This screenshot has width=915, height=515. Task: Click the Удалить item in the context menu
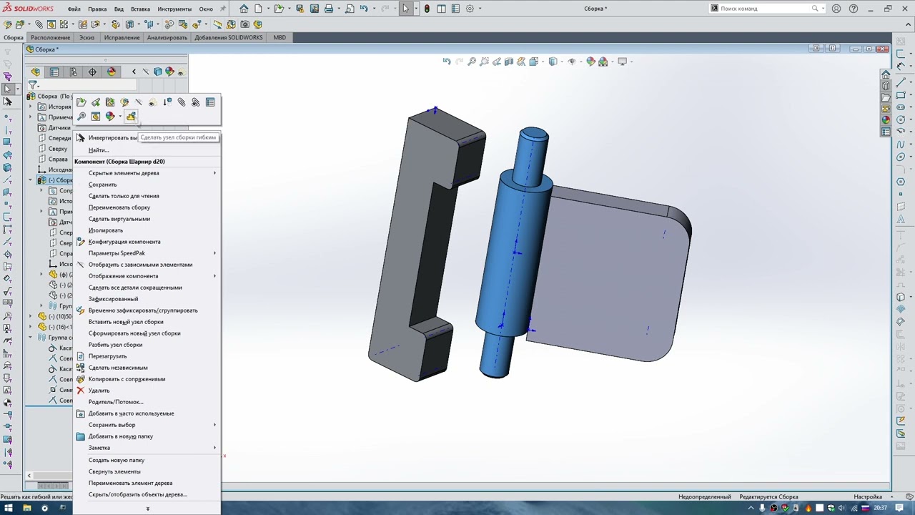(x=99, y=391)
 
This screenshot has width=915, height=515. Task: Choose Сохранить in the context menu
(x=102, y=185)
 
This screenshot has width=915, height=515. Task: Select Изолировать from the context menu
(x=105, y=230)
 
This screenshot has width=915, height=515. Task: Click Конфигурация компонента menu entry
(x=124, y=242)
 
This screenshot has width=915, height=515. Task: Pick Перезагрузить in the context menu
(x=107, y=356)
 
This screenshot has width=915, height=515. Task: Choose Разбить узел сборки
(x=115, y=345)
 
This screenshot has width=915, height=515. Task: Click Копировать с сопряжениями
(x=127, y=379)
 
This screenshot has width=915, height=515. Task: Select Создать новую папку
(x=116, y=460)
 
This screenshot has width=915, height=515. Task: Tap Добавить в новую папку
(x=120, y=436)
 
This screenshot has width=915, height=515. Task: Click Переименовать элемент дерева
(x=130, y=483)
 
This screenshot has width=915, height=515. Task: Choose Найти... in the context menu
(x=99, y=150)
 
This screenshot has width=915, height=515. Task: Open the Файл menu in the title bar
(x=74, y=9)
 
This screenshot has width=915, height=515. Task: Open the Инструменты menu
(x=174, y=9)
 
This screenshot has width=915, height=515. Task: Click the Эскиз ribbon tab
(x=86, y=37)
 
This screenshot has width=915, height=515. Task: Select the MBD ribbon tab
(x=280, y=37)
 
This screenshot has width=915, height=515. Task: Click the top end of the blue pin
(x=533, y=134)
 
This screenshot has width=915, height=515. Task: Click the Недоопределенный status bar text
(x=704, y=496)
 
